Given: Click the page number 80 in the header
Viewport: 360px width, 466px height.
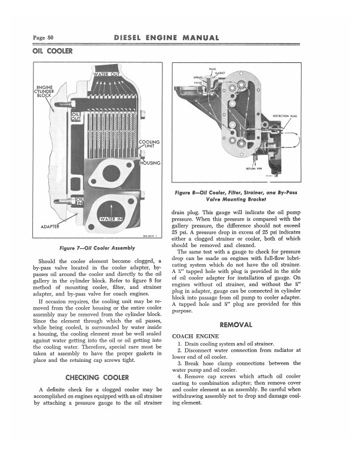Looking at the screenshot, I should tap(43, 38).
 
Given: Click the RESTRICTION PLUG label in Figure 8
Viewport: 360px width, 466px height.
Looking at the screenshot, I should tap(285, 116).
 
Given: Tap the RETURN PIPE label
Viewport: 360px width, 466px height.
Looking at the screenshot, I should tap(254, 168).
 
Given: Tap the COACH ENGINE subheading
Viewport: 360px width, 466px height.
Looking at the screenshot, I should tap(195, 337).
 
